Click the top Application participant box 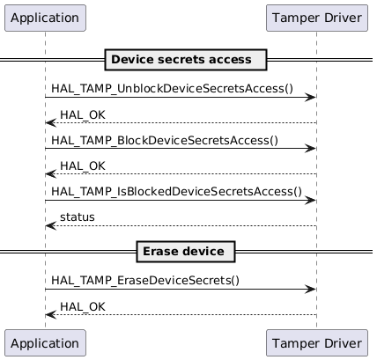pyautogui.click(x=45, y=17)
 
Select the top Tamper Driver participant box pyautogui.click(x=316, y=17)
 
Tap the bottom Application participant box pyautogui.click(x=45, y=342)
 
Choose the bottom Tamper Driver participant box pyautogui.click(x=316, y=342)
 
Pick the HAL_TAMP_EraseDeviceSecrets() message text pyautogui.click(x=145, y=280)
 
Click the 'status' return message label pyautogui.click(x=78, y=217)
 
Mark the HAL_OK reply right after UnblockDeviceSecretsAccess pyautogui.click(x=78, y=114)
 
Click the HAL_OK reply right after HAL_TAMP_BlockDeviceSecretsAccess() pyautogui.click(x=78, y=165)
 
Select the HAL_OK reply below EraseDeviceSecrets pyautogui.click(x=78, y=305)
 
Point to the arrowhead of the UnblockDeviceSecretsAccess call pyautogui.click(x=311, y=97)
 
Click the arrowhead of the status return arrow pyautogui.click(x=50, y=225)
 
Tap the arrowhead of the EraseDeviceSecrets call pyautogui.click(x=311, y=289)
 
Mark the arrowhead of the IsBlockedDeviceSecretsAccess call pyautogui.click(x=311, y=200)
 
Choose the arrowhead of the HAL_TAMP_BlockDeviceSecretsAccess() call pyautogui.click(x=311, y=149)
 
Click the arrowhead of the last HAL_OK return pyautogui.click(x=50, y=314)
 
